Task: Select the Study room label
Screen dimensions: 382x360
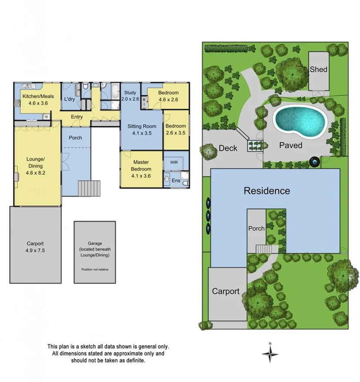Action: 130,93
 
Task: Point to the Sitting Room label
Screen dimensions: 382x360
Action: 141,126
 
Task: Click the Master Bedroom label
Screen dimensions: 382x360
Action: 141,166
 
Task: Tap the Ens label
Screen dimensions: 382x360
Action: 176,181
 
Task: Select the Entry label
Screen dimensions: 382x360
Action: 77,117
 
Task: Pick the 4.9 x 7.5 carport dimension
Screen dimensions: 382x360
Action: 34,250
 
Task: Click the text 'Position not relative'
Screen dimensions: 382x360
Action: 95,269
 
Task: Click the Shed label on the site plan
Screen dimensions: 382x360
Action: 318,70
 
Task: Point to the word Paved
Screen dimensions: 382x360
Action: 290,145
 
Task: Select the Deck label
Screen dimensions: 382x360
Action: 228,148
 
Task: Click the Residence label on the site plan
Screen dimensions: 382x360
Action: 266,191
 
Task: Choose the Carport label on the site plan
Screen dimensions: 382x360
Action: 225,291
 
